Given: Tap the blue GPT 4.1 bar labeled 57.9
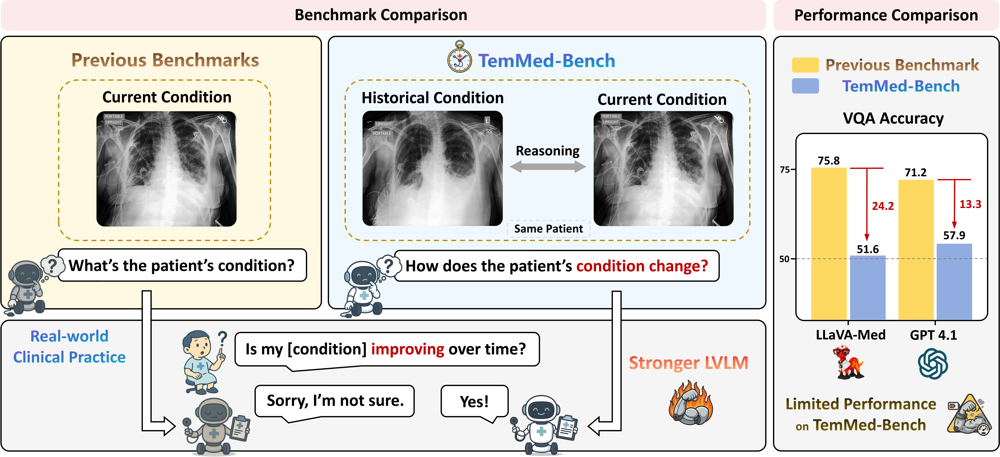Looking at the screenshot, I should (954, 281).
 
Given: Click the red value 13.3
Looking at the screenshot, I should (970, 204).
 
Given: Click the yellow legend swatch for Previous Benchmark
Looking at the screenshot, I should (805, 65).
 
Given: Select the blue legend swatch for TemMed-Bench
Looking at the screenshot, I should (805, 86).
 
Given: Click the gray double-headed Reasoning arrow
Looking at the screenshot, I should (548, 167).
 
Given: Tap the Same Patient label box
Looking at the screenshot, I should (549, 229).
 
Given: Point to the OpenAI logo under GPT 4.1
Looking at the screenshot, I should (933, 363).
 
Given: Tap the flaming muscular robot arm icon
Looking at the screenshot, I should (691, 403).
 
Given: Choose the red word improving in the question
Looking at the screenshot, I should (408, 349).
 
